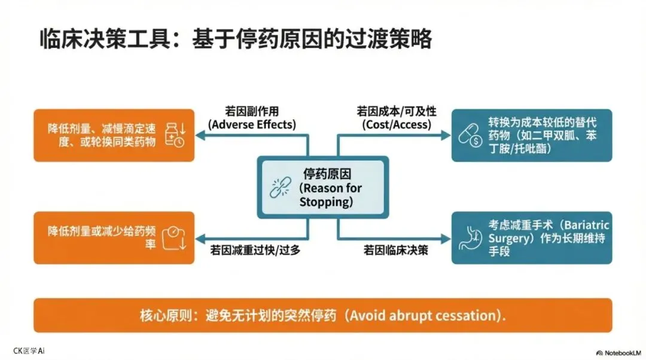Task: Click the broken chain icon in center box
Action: point(279,188)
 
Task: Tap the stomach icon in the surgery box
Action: point(470,237)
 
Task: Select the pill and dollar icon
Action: point(470,135)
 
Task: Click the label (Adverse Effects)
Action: point(252,124)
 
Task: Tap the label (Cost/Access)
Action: point(396,124)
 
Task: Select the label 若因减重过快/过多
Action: point(255,250)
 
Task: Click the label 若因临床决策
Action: point(396,250)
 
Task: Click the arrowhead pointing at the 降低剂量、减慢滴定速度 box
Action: point(200,136)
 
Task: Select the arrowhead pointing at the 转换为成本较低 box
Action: point(446,136)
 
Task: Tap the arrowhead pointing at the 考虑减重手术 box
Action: point(446,237)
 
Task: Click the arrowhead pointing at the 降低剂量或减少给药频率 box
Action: point(200,237)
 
